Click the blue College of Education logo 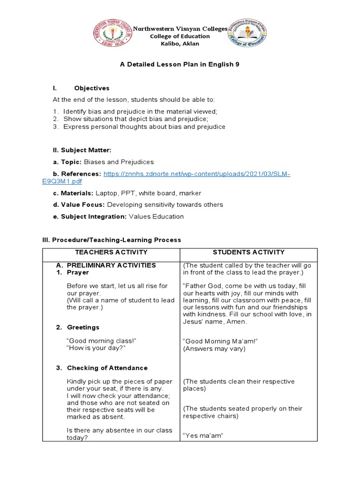247,36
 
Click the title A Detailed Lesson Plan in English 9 180,64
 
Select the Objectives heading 92,88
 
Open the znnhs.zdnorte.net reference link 196,174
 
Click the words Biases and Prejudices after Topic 119,162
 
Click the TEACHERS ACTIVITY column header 111,253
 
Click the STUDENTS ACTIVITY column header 248,253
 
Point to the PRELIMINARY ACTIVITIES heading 112,265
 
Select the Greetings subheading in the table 83,327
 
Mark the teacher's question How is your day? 96,348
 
